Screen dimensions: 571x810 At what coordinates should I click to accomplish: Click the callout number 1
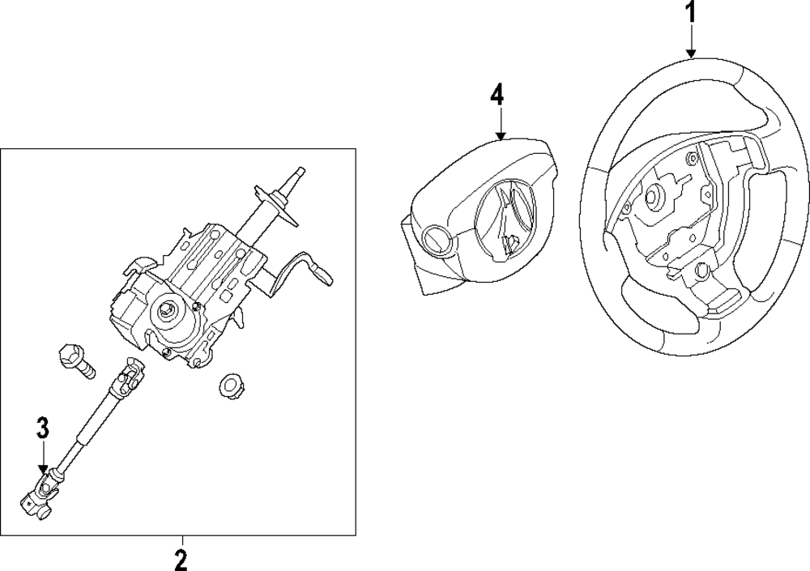[691, 13]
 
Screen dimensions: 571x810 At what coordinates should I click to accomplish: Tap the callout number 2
[181, 558]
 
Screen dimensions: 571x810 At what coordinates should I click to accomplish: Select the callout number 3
[44, 428]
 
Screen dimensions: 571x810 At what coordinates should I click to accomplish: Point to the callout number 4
[497, 94]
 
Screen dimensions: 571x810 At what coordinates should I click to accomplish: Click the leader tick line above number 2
[181, 540]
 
